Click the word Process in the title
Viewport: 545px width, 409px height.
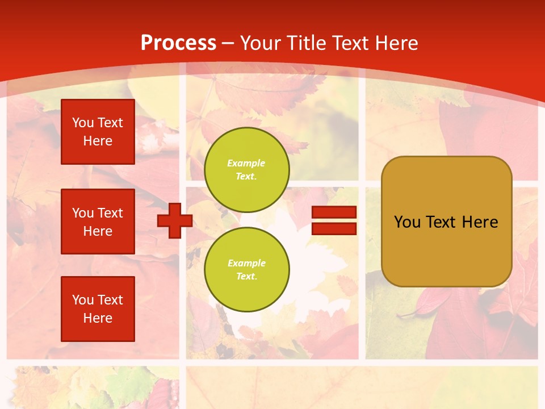[178, 43]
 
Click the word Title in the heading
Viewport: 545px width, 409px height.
[308, 43]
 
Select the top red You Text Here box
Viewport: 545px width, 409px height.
[98, 132]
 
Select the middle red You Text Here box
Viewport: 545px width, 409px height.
[98, 222]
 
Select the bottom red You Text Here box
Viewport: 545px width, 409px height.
[98, 309]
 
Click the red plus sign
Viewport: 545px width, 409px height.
[175, 220]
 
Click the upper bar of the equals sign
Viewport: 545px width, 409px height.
[334, 212]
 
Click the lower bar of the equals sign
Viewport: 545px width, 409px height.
[334, 228]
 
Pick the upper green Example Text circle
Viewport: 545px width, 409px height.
[246, 169]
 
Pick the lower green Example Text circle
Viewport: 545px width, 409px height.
[246, 269]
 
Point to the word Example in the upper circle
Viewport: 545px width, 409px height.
[246, 163]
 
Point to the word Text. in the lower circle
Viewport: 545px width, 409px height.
[246, 276]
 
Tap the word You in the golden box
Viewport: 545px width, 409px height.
[407, 222]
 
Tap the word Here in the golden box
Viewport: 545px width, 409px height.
[480, 222]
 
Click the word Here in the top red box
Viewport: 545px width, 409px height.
[98, 141]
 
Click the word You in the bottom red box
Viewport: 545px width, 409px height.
[83, 300]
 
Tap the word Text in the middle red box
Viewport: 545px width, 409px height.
[110, 213]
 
